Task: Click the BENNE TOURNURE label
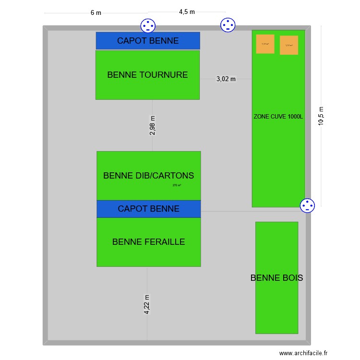[147, 75]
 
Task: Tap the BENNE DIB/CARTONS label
[148, 176]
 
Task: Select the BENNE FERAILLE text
[148, 242]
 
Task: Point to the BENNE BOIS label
[276, 278]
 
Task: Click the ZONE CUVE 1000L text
[278, 116]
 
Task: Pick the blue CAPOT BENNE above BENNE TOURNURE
[148, 41]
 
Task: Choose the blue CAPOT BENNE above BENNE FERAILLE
[148, 209]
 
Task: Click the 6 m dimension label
[96, 13]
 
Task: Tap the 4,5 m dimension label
[187, 12]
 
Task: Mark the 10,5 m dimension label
[321, 116]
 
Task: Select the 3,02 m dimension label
[226, 79]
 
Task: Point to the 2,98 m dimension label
[153, 125]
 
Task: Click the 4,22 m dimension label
[147, 305]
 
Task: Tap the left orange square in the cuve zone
[265, 44]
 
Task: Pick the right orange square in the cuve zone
[289, 45]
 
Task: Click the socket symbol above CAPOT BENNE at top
[148, 25]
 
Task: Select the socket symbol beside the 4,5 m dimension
[227, 24]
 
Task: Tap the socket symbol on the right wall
[307, 205]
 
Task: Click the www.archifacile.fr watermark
[303, 353]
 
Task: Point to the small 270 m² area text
[177, 185]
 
